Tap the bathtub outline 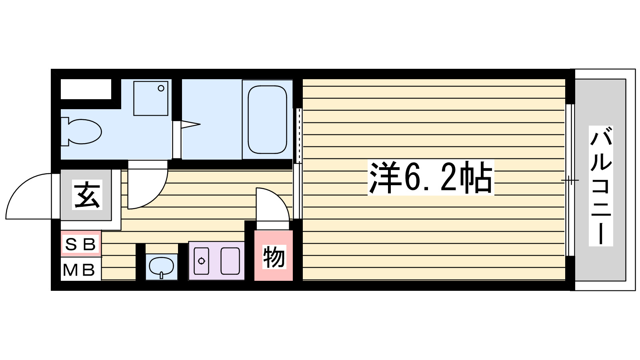[267, 119]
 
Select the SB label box [81, 244]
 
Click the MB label [79, 270]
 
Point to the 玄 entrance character [87, 195]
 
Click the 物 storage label [274, 257]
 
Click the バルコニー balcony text [601, 186]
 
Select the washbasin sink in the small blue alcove [161, 266]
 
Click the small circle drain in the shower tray [161, 88]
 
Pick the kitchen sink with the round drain [202, 261]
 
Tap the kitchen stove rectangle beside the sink [230, 261]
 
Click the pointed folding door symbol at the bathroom [190, 125]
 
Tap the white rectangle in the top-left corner [86, 89]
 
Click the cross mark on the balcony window [570, 180]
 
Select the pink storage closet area [274, 256]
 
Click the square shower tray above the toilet [150, 98]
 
